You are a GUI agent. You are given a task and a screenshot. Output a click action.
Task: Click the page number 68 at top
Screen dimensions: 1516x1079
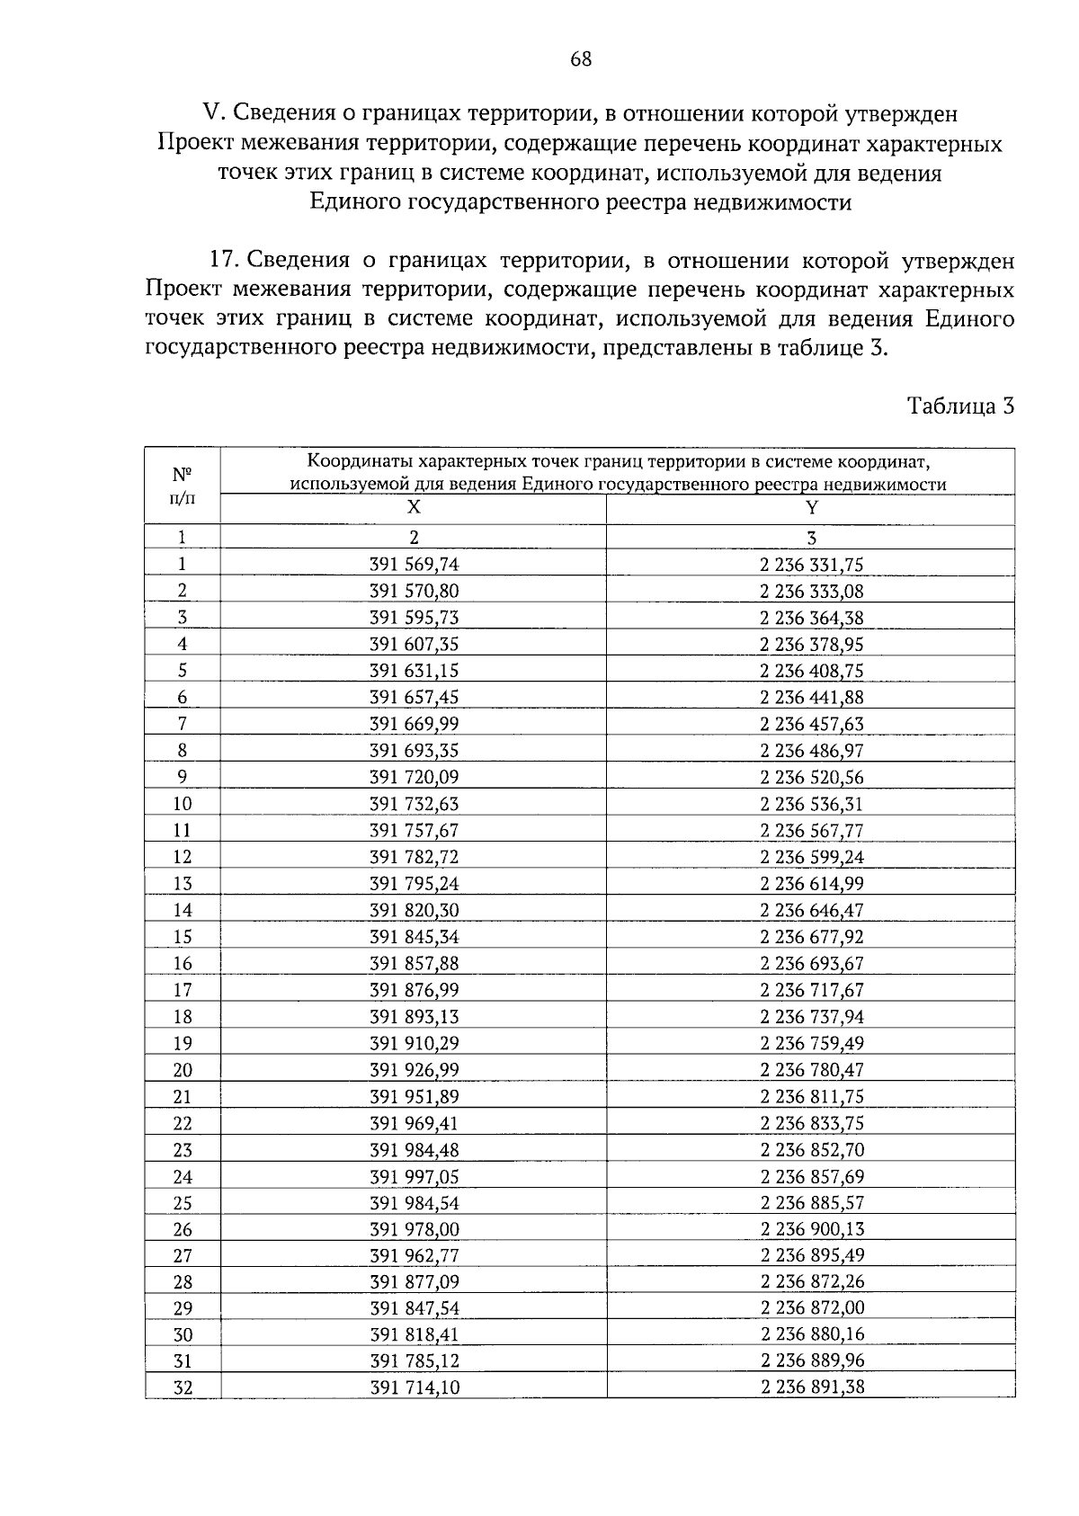pyautogui.click(x=581, y=59)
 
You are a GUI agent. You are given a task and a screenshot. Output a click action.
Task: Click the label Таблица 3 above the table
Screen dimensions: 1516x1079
pyautogui.click(x=960, y=406)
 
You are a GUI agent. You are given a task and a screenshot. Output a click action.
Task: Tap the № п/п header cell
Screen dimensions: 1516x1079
pyautogui.click(x=182, y=486)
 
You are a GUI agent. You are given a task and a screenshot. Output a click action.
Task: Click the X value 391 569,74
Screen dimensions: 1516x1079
pyautogui.click(x=414, y=565)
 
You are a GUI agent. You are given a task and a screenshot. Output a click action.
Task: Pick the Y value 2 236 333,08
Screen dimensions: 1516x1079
pyautogui.click(x=811, y=592)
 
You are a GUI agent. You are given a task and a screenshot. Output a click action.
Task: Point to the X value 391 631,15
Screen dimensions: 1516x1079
pyautogui.click(x=414, y=671)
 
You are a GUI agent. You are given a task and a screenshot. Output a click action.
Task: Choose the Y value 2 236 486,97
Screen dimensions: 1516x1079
pyautogui.click(x=811, y=751)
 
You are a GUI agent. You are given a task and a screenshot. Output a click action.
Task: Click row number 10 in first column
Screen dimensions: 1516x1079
pyautogui.click(x=182, y=804)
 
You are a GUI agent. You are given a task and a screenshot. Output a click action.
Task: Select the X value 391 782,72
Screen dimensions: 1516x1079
pyautogui.click(x=414, y=857)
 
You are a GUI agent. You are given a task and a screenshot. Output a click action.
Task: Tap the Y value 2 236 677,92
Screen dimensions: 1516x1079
pyautogui.click(x=811, y=937)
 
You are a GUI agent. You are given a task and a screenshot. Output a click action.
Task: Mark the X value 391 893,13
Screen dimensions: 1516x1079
pyautogui.click(x=414, y=1017)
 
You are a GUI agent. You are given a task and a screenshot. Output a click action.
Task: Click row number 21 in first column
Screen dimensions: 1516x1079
pyautogui.click(x=182, y=1096)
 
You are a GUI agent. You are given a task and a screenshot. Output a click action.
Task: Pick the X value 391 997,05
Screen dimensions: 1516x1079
pyautogui.click(x=414, y=1176)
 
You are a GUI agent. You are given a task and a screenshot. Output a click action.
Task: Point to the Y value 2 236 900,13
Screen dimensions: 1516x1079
pyautogui.click(x=811, y=1229)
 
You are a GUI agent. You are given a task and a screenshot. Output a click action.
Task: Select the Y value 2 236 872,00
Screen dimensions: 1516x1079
pyautogui.click(x=811, y=1308)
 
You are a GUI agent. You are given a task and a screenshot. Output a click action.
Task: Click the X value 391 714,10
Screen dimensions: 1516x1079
pyautogui.click(x=414, y=1387)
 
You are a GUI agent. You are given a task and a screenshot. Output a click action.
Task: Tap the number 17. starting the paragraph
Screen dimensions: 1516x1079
pyautogui.click(x=222, y=261)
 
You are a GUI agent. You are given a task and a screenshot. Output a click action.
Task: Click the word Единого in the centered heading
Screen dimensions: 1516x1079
pyautogui.click(x=356, y=202)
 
